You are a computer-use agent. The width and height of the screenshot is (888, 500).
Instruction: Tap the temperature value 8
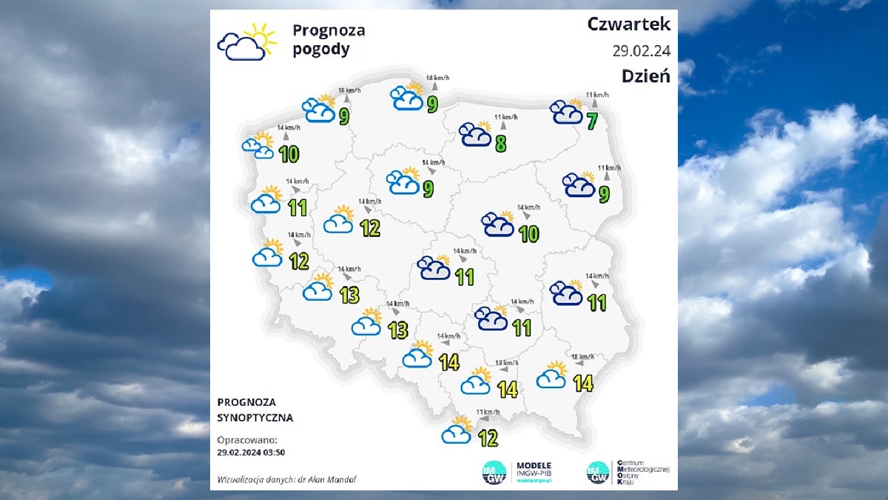501,143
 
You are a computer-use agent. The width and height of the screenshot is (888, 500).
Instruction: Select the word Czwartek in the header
629,24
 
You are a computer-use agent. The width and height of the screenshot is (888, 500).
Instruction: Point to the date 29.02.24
641,50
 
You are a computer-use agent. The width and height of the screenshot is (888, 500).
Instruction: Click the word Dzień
645,76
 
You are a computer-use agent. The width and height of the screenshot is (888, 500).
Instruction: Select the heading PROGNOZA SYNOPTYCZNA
255,410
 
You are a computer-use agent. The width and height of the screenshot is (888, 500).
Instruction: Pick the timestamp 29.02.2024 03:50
252,451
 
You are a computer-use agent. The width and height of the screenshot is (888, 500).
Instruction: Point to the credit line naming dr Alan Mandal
287,479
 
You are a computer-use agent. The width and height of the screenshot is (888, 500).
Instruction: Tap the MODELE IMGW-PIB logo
518,473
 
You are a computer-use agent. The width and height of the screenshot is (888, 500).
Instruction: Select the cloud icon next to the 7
567,111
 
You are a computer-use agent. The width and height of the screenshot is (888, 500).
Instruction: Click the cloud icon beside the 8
476,134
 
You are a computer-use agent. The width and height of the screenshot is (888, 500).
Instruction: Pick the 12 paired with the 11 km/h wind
488,438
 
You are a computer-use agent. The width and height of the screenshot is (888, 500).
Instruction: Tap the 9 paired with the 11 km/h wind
605,194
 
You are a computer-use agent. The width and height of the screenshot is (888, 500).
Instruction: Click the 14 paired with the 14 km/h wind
449,361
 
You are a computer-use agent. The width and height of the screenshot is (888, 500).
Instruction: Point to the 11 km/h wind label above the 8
506,117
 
